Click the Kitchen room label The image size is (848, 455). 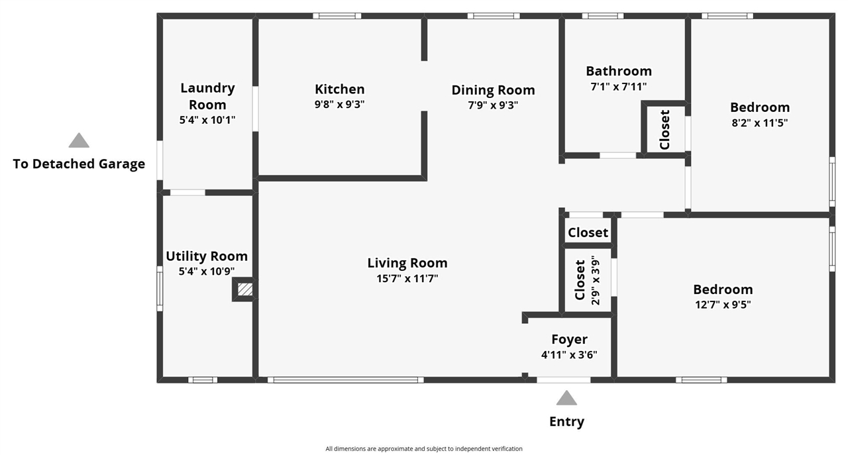click(x=340, y=89)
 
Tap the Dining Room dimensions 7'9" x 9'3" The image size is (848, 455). click(x=493, y=105)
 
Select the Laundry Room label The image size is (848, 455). click(x=207, y=96)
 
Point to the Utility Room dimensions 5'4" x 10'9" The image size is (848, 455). click(x=207, y=271)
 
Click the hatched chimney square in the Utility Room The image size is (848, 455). click(x=245, y=289)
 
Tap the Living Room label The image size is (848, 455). click(x=407, y=263)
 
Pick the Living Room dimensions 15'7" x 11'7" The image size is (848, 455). click(x=407, y=279)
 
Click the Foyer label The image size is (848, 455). click(x=569, y=340)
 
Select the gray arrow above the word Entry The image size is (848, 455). click(x=566, y=398)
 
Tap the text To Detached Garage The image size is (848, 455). click(x=79, y=164)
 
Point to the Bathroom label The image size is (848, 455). click(x=619, y=71)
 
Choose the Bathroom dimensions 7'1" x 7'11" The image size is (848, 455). click(x=619, y=87)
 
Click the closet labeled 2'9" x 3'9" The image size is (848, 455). click(x=587, y=279)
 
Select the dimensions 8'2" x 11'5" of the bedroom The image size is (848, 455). click(x=760, y=123)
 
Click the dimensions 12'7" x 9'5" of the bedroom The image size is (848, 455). click(x=723, y=305)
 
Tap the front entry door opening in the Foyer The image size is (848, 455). click(x=563, y=379)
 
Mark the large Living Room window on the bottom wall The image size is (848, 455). click(x=346, y=379)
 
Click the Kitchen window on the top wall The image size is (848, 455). click(x=337, y=16)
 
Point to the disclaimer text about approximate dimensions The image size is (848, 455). click(x=424, y=448)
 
